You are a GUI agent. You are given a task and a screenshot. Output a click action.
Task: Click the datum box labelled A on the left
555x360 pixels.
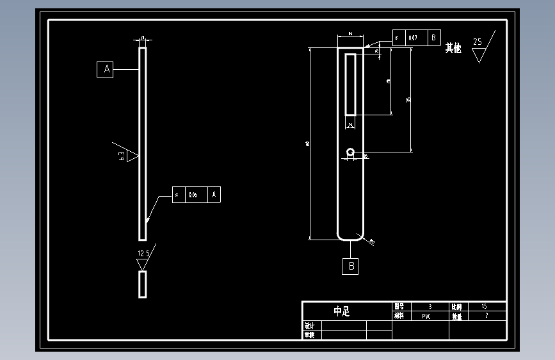click(105, 70)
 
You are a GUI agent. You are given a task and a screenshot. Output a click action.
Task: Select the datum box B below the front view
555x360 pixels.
click(350, 266)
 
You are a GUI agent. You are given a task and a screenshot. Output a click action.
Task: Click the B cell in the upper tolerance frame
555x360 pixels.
click(433, 38)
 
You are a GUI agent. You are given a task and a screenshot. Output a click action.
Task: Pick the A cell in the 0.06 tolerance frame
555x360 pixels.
click(214, 195)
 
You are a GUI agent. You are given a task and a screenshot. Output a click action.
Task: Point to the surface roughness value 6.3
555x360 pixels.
click(122, 156)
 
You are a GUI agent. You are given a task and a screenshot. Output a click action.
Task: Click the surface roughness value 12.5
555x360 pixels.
click(143, 254)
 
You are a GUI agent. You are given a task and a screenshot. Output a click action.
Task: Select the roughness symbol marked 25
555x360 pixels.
click(481, 48)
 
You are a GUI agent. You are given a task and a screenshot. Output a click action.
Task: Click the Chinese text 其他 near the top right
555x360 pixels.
click(453, 48)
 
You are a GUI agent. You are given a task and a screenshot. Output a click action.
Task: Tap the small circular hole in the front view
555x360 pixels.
click(350, 152)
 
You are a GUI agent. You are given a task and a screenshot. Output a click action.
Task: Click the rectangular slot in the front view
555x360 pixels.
click(351, 85)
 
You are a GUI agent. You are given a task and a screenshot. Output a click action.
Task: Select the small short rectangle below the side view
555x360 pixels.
click(143, 284)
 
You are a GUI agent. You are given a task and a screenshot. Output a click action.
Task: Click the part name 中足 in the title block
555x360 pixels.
click(342, 311)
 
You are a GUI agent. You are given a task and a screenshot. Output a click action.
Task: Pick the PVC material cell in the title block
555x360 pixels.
click(426, 316)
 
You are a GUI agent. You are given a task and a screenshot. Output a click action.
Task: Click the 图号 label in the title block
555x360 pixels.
click(399, 307)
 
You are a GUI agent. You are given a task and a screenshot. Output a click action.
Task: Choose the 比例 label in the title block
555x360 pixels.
click(456, 307)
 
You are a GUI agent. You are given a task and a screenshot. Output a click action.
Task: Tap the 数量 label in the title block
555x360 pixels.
click(456, 316)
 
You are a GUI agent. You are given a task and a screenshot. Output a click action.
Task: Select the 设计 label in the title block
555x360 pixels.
click(310, 325)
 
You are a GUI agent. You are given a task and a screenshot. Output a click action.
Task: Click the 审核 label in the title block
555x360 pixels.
click(310, 334)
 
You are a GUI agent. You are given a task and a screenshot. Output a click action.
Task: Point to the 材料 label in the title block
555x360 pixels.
click(399, 316)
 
